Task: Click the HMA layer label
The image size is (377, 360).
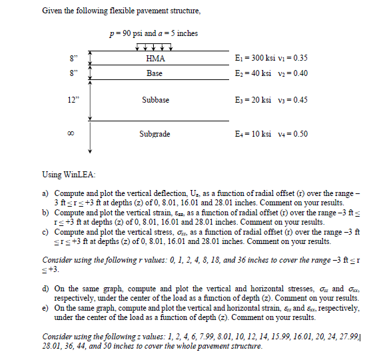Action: point(155,59)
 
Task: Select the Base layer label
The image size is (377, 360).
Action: point(155,73)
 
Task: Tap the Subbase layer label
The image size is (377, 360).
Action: point(155,100)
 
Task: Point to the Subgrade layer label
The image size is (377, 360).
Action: point(155,134)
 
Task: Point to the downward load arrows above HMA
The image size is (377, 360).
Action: point(154,47)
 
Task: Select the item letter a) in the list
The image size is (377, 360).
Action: point(47,191)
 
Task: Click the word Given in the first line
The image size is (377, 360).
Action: point(52,11)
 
